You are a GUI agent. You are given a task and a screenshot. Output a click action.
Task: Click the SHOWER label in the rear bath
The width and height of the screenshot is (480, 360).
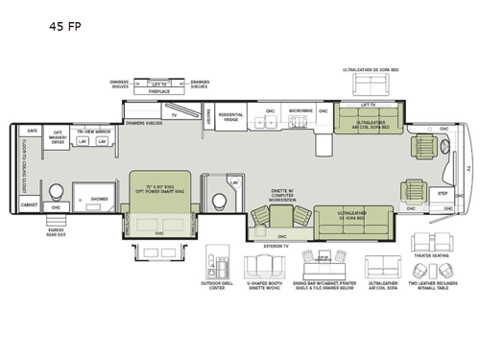tap(99, 200)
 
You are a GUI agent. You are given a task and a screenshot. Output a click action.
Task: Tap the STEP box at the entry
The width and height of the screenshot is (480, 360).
tap(444, 193)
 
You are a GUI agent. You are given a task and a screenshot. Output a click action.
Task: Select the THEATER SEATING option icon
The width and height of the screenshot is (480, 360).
tap(426, 243)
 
